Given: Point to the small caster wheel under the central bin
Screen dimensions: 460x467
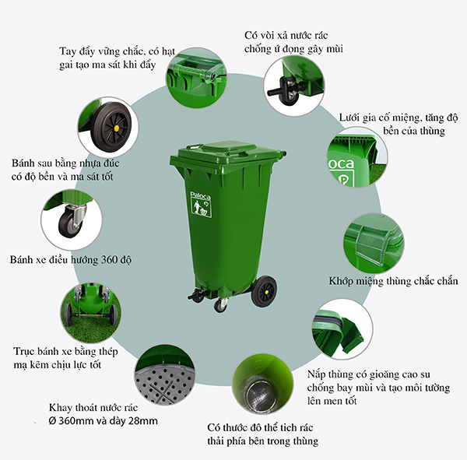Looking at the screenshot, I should pyautogui.click(x=220, y=305).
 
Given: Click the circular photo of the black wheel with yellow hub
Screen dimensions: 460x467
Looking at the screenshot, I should pyautogui.click(x=108, y=126).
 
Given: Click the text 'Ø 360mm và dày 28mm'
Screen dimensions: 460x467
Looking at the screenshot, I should pyautogui.click(x=103, y=421).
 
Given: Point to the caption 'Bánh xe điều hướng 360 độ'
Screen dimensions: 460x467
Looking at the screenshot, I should pyautogui.click(x=70, y=259).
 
